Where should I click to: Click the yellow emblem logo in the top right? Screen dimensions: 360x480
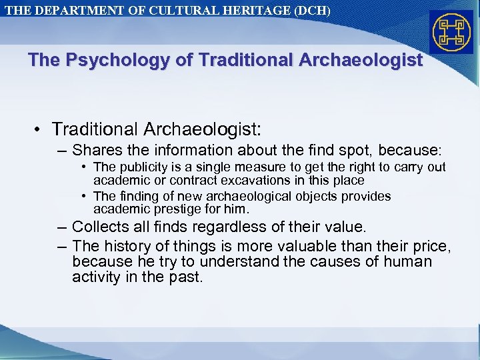click(x=451, y=31)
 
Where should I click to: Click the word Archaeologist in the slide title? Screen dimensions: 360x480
click(x=361, y=61)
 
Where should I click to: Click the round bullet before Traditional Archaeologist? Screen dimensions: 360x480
click(x=40, y=128)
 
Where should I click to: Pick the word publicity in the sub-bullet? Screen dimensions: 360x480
click(x=142, y=167)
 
